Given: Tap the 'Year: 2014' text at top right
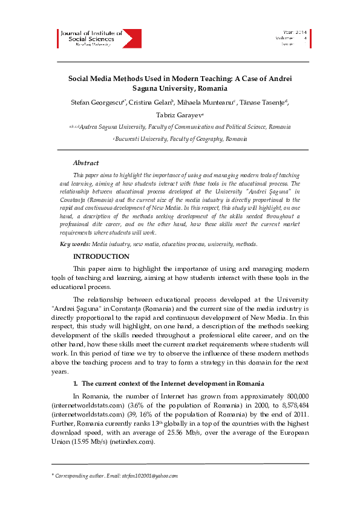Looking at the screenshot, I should pyautogui.click(x=295, y=31).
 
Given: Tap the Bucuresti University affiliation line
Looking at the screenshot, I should pyautogui.click(x=180, y=139).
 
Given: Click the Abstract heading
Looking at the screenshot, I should pyautogui.click(x=85, y=163).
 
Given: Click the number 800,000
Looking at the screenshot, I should pyautogui.click(x=296, y=395).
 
